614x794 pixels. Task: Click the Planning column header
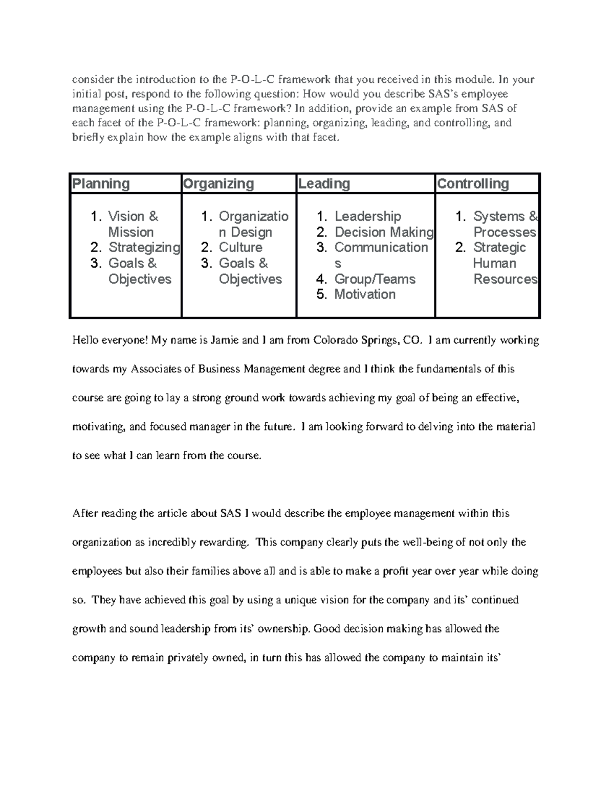click(101, 184)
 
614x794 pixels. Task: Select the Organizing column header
click(218, 184)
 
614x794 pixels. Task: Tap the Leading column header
click(324, 184)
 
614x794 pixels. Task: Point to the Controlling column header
click(473, 184)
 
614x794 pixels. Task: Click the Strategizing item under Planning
click(144, 247)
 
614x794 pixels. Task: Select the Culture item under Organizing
click(240, 247)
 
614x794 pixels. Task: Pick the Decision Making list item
click(384, 232)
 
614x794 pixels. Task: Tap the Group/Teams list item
click(375, 279)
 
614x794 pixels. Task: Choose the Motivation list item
click(365, 294)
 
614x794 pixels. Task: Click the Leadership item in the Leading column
click(367, 216)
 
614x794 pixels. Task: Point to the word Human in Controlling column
click(494, 263)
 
